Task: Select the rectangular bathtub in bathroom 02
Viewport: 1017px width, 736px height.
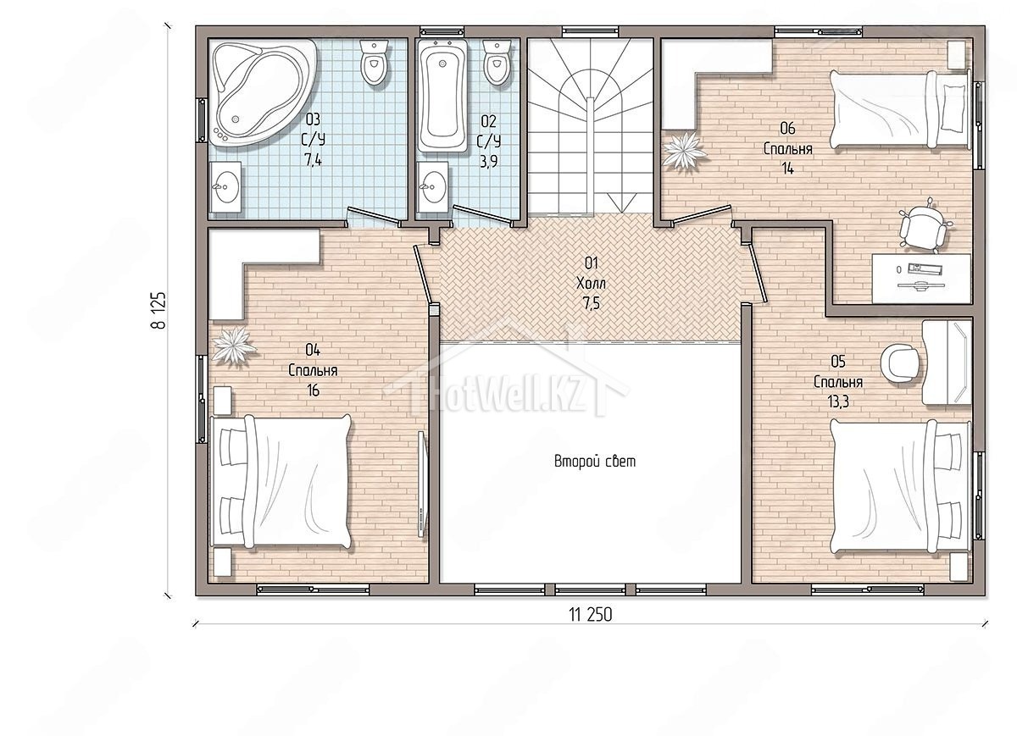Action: (x=442, y=96)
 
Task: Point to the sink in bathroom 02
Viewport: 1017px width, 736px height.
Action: (x=433, y=186)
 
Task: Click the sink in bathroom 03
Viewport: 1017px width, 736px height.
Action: (x=226, y=187)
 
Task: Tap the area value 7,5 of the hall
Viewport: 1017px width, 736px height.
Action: (x=592, y=302)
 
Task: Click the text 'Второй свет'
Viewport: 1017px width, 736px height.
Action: (x=595, y=462)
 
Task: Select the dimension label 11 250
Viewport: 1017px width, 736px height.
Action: (x=590, y=615)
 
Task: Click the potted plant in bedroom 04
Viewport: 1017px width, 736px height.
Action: (x=233, y=345)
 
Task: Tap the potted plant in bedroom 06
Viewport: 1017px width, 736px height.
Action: (x=684, y=150)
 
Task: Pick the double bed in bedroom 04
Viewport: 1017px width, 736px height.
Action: (x=281, y=481)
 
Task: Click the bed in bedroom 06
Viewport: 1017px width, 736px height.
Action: (x=901, y=109)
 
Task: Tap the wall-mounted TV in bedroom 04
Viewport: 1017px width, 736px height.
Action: (x=422, y=484)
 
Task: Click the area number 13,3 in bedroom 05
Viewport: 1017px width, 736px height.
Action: (x=837, y=402)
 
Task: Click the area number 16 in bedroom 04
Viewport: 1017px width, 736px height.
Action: (x=313, y=390)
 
